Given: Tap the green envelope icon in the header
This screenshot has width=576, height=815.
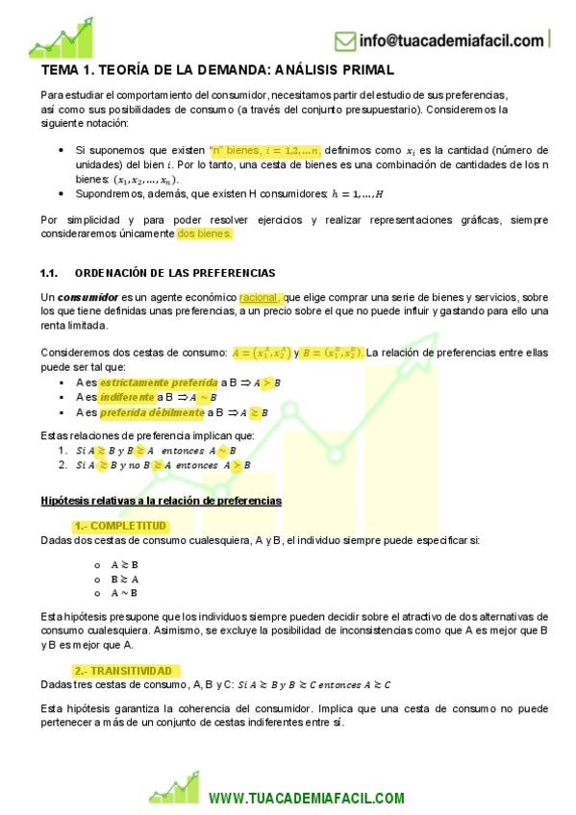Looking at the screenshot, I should coord(345,41).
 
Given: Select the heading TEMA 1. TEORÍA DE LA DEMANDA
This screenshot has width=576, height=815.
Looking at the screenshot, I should coord(217,70).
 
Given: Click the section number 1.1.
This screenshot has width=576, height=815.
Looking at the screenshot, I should coord(50,273).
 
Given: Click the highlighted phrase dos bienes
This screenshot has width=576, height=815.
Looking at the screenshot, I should coord(205,233).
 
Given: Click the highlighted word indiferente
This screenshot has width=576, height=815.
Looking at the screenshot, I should coord(126,398).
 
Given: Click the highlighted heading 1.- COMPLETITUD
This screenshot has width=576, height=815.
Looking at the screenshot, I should coord(120,526).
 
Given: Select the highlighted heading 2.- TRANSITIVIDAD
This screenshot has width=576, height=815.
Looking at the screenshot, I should coord(125,670).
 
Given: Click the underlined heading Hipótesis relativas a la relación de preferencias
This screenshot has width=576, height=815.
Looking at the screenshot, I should coord(162,501).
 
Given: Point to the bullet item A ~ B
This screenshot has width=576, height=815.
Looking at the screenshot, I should coord(124,595).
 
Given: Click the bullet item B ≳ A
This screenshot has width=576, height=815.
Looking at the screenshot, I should coord(124,580).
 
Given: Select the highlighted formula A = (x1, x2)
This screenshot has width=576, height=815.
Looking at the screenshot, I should coord(261,352).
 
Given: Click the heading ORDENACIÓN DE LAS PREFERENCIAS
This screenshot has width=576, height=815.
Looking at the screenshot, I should coord(174,273).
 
